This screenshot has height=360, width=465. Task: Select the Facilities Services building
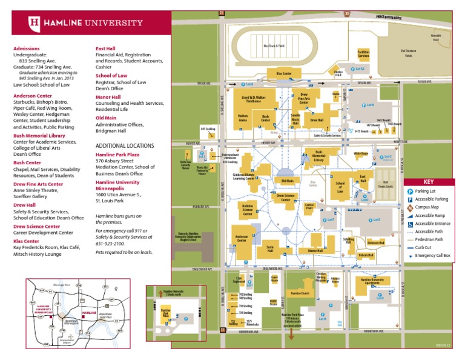363,55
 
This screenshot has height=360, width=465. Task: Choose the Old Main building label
287,181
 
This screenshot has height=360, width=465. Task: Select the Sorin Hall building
271,248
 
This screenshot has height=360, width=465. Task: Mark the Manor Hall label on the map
315,250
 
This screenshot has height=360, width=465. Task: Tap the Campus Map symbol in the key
410,207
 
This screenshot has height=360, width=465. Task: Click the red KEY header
428,182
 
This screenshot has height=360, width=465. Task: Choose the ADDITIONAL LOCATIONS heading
125,146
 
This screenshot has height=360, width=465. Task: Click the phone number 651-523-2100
110,242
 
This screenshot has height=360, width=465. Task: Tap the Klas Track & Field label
274,46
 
